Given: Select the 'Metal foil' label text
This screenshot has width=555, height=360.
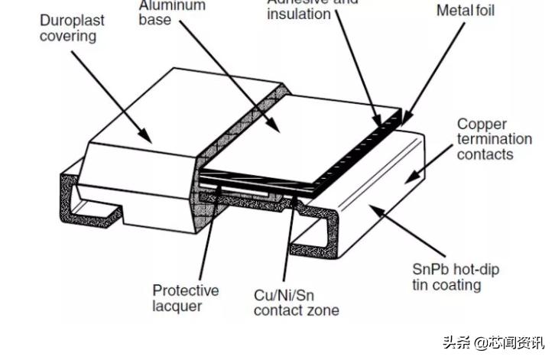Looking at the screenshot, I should [466, 11].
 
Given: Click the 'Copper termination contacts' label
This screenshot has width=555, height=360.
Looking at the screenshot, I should [494, 138].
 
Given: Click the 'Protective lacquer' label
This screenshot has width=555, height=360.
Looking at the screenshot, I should [184, 297].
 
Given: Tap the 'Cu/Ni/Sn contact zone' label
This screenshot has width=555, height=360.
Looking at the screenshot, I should [296, 302].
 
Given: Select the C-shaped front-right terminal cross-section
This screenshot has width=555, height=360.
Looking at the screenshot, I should [310, 233].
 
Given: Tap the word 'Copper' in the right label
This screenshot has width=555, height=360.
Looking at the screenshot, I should [480, 124].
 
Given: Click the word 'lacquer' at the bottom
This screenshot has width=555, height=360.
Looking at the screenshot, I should [177, 306].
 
